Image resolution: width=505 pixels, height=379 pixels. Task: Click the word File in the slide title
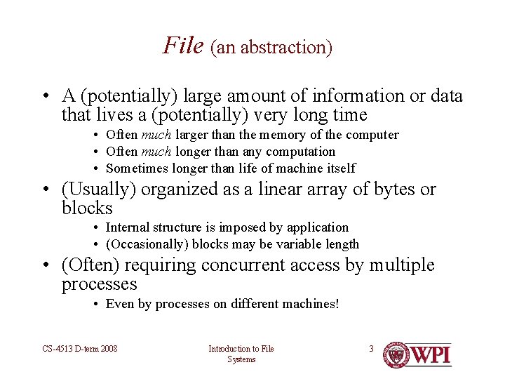(183, 45)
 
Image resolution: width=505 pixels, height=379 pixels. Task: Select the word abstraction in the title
(289, 48)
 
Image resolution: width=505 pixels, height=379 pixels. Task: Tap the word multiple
(402, 265)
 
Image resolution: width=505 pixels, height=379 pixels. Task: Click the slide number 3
(372, 349)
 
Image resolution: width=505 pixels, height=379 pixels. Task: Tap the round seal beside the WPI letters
(397, 354)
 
